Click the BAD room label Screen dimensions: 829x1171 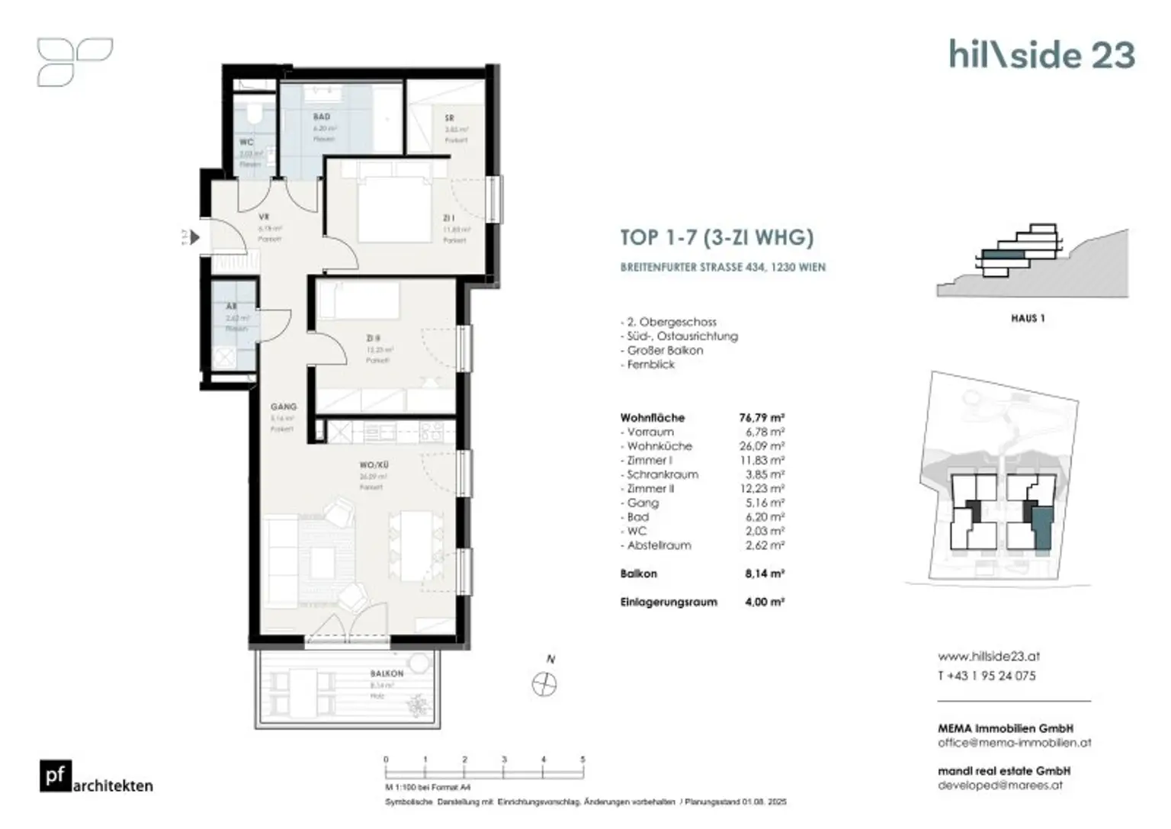coord(322,117)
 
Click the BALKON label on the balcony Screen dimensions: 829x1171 coord(387,674)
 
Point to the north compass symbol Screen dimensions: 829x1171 coord(544,683)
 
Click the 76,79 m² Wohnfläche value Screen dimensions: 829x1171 coord(761,418)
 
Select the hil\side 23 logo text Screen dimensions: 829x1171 coord(1041,55)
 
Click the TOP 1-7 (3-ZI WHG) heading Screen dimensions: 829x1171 coord(717,237)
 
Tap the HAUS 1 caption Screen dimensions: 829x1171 coord(1027,319)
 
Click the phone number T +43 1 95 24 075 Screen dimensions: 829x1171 coord(987,676)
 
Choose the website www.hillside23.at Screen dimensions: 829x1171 coord(989,657)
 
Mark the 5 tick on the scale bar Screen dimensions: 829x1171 coord(583,760)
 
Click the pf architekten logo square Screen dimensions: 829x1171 coord(55,776)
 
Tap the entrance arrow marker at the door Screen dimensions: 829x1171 coord(195,238)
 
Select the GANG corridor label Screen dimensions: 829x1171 coord(283,407)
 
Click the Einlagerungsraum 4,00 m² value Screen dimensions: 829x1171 coord(765,602)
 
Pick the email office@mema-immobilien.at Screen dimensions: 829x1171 coord(1014,742)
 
